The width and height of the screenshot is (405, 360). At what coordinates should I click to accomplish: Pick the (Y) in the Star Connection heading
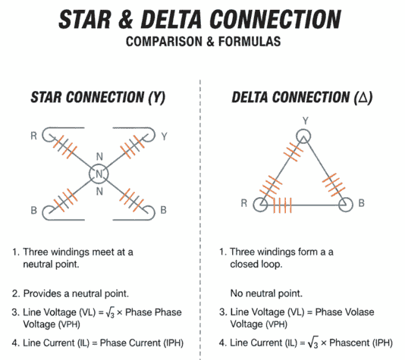click(159, 98)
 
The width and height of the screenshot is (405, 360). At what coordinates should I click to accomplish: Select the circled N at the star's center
click(99, 174)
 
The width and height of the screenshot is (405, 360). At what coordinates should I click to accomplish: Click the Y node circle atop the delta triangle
click(303, 136)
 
